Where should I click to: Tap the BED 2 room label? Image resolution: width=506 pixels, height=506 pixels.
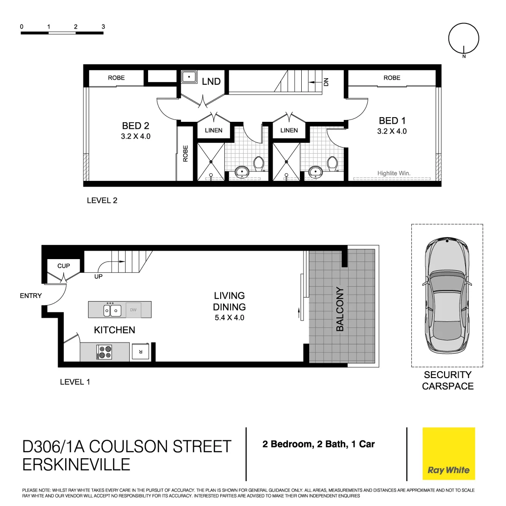click(136, 126)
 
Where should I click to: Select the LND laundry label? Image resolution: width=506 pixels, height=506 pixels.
click(211, 82)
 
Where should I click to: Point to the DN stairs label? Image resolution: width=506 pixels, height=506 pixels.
click(327, 82)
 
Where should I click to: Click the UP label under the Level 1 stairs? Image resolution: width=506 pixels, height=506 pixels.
click(98, 277)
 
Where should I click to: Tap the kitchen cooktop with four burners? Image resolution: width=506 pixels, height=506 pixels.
click(104, 352)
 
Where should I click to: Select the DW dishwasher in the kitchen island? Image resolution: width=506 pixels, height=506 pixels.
click(133, 310)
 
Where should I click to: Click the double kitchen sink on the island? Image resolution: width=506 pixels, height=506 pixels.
click(112, 310)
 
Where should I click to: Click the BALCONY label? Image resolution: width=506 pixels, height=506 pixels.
click(340, 309)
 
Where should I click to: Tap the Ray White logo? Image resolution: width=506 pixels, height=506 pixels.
click(448, 454)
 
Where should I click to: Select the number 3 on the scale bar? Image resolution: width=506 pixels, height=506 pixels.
click(103, 27)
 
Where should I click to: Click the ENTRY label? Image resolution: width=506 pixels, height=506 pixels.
click(31, 296)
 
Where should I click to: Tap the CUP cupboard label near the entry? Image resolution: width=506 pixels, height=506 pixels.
click(64, 266)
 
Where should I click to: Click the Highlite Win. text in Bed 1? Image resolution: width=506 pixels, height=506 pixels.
click(394, 173)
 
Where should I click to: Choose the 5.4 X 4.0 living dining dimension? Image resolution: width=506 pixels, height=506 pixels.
click(229, 318)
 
